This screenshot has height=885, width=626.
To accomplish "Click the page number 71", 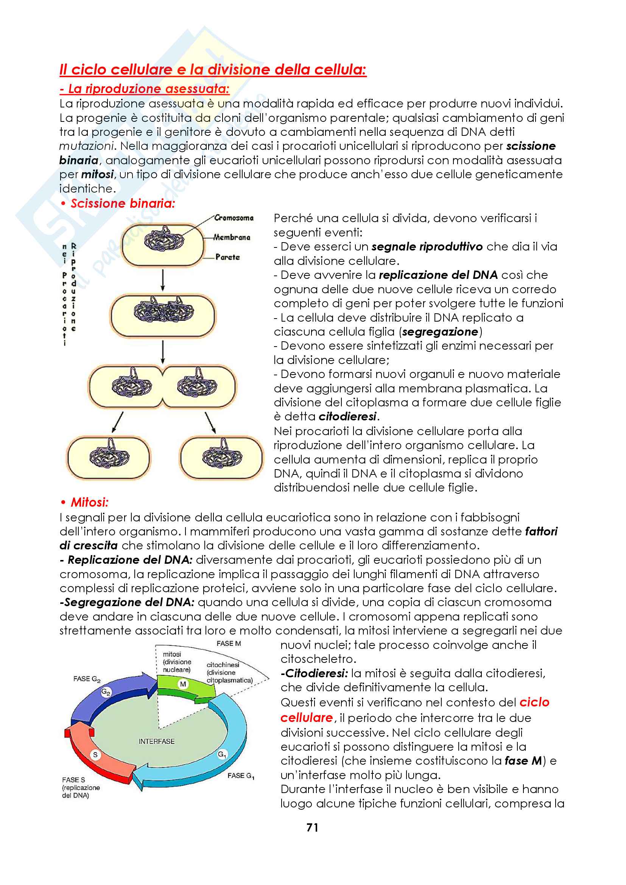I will [x=312, y=827].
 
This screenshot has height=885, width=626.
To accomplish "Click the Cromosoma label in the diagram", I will [x=234, y=218].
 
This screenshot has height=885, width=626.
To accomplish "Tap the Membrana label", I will [x=232, y=238].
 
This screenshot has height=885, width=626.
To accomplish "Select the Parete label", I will [x=227, y=257].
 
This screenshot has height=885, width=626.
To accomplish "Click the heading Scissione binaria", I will [x=123, y=204].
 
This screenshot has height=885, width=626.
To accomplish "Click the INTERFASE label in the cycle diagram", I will [x=157, y=741].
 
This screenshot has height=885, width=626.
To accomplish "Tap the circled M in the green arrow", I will [x=183, y=684].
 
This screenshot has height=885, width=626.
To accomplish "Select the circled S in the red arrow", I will [x=95, y=754].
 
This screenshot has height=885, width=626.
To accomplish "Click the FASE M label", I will [x=229, y=643].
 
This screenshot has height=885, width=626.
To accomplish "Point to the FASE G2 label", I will [x=87, y=679].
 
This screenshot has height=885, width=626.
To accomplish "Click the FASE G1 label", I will [x=241, y=776].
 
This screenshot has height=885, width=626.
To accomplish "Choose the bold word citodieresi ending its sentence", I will [x=348, y=417].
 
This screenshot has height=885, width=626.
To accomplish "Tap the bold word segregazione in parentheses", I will [x=440, y=332].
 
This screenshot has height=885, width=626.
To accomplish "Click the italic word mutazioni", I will [x=87, y=146].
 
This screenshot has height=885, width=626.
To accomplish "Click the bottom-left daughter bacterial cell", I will [x=109, y=457].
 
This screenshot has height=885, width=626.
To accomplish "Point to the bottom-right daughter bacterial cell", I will [x=222, y=457].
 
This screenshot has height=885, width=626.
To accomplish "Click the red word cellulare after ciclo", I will [x=307, y=718].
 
